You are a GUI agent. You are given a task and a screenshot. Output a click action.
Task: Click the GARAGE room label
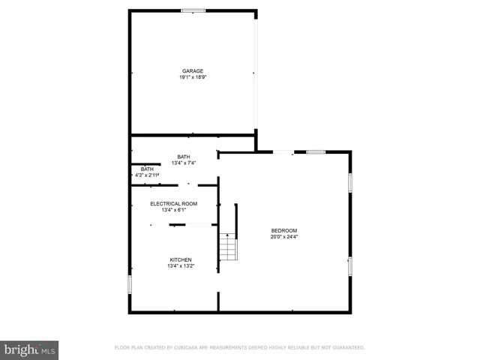click(x=192, y=71)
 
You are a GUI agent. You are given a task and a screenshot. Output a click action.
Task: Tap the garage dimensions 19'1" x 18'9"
click(x=192, y=77)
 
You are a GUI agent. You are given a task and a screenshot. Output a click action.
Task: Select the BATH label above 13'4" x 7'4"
click(x=184, y=157)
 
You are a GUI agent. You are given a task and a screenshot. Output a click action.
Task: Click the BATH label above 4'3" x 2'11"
click(x=147, y=169)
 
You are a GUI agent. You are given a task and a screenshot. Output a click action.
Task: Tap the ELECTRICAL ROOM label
click(x=173, y=204)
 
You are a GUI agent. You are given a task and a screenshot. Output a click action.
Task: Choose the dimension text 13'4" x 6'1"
click(x=173, y=210)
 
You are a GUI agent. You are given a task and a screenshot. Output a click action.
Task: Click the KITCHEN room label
click(x=181, y=259)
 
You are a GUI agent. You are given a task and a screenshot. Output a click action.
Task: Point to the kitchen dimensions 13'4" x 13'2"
click(x=181, y=265)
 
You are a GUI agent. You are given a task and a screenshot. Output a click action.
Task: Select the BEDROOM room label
click(x=284, y=230)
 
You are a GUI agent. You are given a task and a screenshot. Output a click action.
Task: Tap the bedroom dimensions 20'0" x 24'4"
click(x=284, y=236)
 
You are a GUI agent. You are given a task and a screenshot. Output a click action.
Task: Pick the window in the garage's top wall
click(x=193, y=10)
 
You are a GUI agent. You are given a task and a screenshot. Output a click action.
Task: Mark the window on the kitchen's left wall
click(x=130, y=284)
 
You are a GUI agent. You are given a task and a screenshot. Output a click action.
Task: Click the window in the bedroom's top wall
click(x=316, y=152)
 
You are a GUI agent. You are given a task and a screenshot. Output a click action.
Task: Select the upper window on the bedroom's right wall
click(x=349, y=183)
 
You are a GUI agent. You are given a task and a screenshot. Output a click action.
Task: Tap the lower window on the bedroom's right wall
click(x=349, y=265)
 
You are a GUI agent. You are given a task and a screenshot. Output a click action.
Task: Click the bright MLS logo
click(x=30, y=349)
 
